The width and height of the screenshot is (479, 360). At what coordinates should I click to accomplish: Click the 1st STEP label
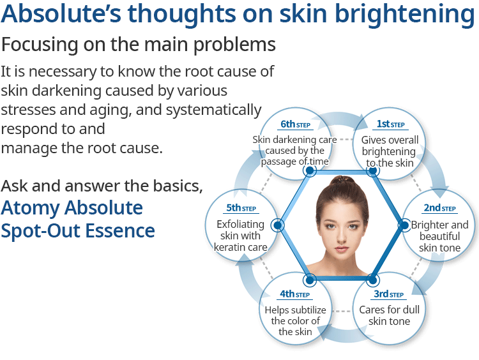click(x=390, y=124)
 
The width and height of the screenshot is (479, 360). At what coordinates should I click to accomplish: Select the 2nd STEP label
click(x=439, y=208)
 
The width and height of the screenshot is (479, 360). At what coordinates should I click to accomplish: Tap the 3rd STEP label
click(x=388, y=294)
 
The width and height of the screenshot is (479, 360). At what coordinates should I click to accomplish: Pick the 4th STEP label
click(x=295, y=294)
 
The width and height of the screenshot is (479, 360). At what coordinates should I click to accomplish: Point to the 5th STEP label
click(x=241, y=208)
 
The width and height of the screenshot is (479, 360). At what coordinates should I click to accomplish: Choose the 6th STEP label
click(x=296, y=124)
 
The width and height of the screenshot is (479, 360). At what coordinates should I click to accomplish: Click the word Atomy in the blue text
click(x=30, y=208)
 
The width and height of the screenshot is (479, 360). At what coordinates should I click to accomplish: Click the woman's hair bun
click(x=343, y=181)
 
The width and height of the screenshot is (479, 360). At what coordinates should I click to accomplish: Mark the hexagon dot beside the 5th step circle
click(x=278, y=225)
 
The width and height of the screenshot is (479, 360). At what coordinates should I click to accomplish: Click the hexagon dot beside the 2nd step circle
click(x=404, y=225)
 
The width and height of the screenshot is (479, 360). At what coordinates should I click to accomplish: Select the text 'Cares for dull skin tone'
click(x=389, y=315)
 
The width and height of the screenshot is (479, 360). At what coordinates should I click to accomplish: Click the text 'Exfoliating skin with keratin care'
click(x=240, y=236)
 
